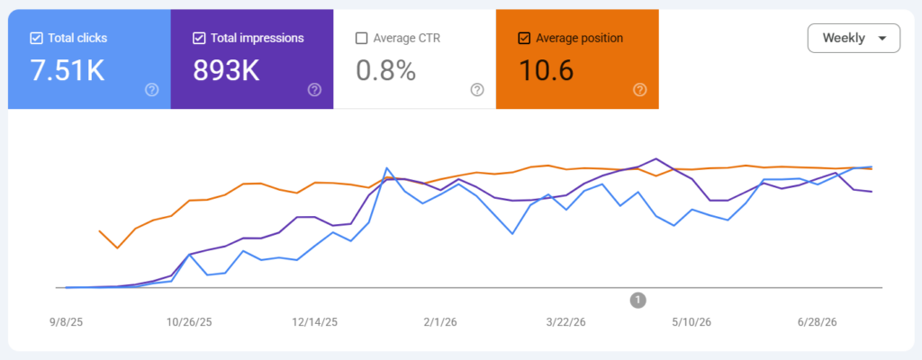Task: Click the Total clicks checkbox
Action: (x=36, y=38)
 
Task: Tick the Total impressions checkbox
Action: (x=199, y=38)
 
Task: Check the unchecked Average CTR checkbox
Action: (x=362, y=38)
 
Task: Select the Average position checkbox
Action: (x=524, y=38)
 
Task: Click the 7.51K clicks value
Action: (x=67, y=70)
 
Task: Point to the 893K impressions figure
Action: (x=226, y=70)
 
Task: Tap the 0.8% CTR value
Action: (x=385, y=70)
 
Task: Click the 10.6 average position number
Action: (x=546, y=70)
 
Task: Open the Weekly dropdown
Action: (x=854, y=38)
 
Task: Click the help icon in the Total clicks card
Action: (x=151, y=89)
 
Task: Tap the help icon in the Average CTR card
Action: (x=477, y=89)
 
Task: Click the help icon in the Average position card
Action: (x=640, y=89)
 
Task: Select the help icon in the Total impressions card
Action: (x=314, y=89)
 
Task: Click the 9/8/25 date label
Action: (x=67, y=322)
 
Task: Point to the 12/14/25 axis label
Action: (x=315, y=322)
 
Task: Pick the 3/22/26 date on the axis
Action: (x=565, y=322)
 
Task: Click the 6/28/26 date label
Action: (x=817, y=322)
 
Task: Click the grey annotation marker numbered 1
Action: (x=638, y=301)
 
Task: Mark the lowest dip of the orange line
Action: (x=117, y=248)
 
